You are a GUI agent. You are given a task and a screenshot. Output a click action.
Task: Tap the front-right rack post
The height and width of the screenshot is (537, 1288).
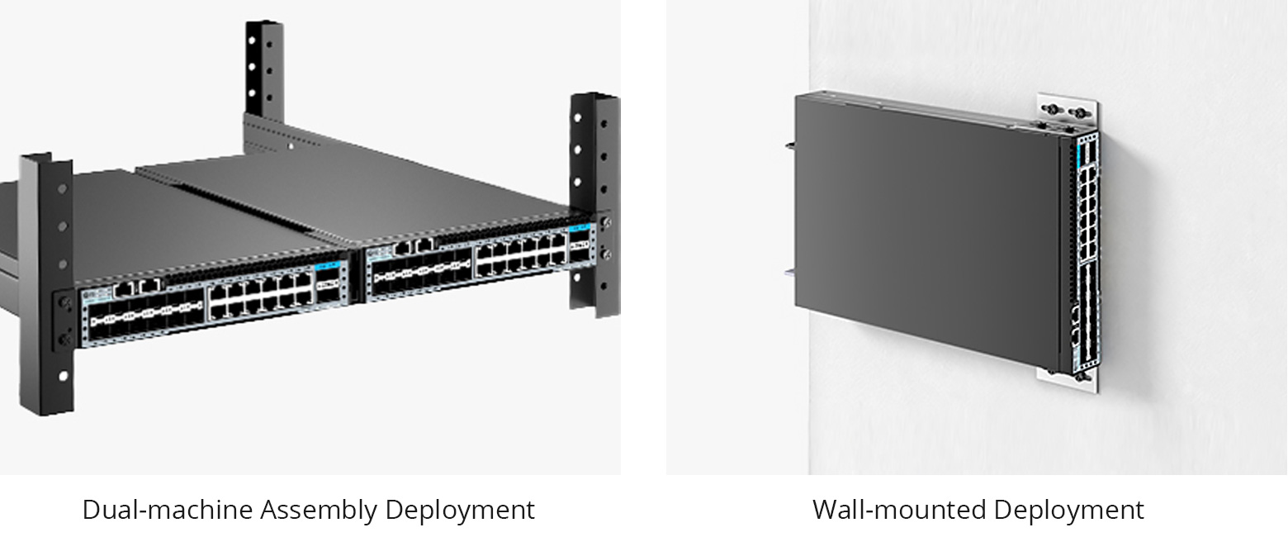click(x=593, y=198)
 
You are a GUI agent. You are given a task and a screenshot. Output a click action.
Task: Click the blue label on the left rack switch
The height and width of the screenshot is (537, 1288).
click(x=328, y=268)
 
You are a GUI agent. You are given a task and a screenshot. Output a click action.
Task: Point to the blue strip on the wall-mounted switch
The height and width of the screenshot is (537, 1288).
click(x=1079, y=152)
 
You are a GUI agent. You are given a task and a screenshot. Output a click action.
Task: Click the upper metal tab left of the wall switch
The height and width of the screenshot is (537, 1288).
click(x=790, y=146)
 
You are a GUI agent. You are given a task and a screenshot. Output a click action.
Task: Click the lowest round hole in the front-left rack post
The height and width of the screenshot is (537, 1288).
click(x=64, y=377)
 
